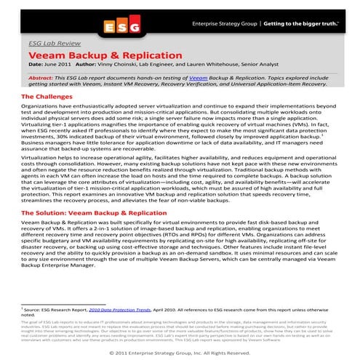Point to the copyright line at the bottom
[180, 353]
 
